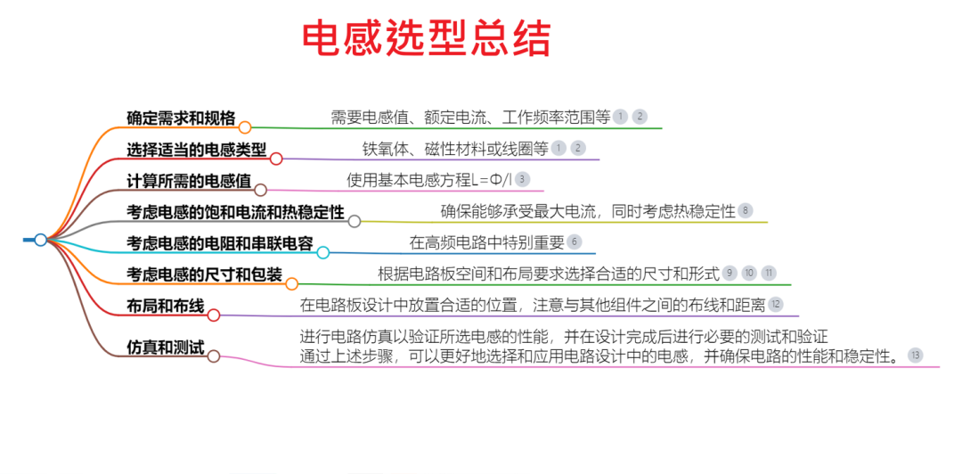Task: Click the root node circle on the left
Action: point(40,240)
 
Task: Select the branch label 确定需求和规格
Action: point(181,118)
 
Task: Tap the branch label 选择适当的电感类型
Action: point(197,150)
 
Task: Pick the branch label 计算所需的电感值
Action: point(189,181)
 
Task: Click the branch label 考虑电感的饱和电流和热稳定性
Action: point(235,212)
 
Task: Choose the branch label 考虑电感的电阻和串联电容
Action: point(220,243)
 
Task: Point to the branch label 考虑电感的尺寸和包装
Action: point(204,274)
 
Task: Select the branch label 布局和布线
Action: point(166,306)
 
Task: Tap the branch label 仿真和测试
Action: point(166,347)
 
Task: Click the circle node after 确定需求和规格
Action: point(245,127)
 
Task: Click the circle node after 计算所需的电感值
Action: point(260,190)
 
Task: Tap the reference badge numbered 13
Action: point(916,355)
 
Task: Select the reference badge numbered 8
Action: point(746,210)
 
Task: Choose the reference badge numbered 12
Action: point(776,304)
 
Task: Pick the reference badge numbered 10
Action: point(749,273)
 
